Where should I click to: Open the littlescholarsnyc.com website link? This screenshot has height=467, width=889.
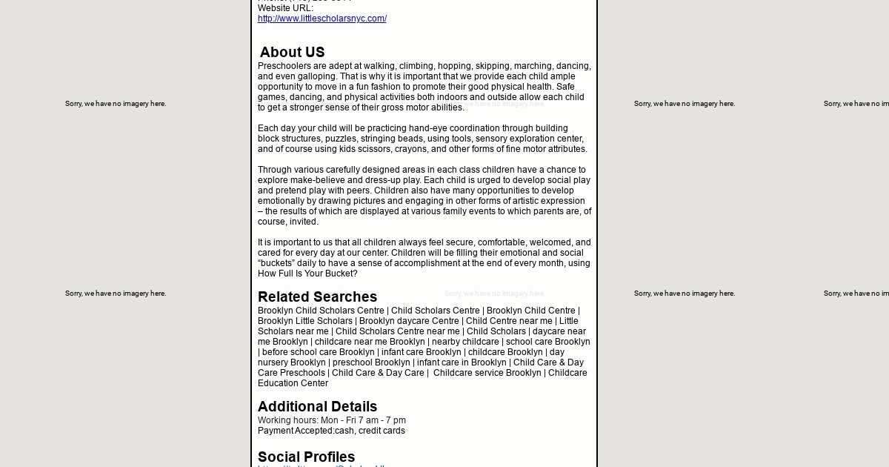(x=322, y=19)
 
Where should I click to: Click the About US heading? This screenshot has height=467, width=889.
(x=292, y=53)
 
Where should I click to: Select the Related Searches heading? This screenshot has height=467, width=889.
(x=317, y=297)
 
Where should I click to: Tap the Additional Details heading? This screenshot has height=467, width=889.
(x=317, y=407)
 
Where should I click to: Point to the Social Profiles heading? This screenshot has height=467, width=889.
(x=306, y=457)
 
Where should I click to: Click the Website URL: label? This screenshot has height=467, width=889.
(x=285, y=8)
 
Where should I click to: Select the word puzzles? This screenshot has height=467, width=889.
(x=341, y=139)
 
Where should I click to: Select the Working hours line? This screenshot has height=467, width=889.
(x=331, y=420)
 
